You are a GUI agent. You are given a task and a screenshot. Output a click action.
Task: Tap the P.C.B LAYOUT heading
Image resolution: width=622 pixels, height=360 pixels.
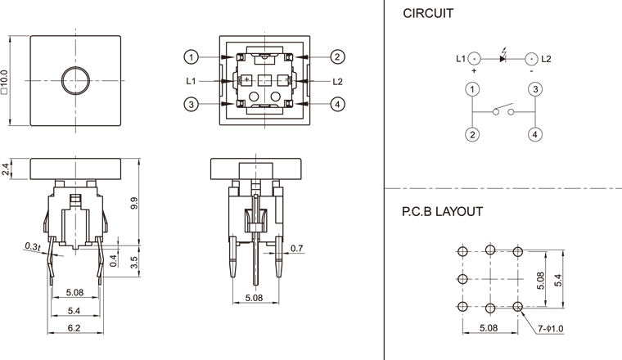click(442, 211)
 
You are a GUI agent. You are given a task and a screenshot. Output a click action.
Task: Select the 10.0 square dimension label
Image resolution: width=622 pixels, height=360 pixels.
click(7, 81)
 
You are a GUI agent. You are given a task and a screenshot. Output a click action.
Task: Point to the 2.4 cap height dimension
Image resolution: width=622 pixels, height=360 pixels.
click(7, 169)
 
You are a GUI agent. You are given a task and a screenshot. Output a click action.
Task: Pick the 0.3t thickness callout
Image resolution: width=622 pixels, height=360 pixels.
click(34, 245)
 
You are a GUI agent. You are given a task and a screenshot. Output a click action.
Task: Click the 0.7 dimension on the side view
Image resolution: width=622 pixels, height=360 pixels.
click(296, 248)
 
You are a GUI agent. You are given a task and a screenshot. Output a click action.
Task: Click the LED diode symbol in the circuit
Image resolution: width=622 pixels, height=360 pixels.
click(503, 58)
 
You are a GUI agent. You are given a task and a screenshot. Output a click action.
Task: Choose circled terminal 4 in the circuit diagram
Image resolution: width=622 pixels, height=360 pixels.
click(533, 134)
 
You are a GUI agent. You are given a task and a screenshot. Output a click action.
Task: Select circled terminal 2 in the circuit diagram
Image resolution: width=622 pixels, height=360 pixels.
click(472, 134)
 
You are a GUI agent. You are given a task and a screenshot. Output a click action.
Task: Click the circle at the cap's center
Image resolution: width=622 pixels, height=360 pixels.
click(76, 80)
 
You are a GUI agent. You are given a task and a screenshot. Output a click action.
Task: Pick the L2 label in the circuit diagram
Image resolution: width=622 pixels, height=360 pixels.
click(546, 59)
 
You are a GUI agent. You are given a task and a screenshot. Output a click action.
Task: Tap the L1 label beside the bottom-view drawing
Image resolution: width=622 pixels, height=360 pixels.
click(191, 80)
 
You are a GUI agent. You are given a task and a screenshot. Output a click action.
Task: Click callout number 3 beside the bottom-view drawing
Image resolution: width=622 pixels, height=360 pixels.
click(191, 104)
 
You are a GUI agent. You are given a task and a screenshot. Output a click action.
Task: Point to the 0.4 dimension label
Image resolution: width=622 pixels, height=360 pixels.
click(113, 261)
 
